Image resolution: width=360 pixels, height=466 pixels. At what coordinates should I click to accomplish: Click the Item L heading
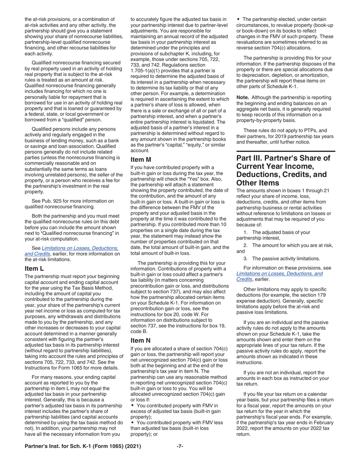click(x=35, y=269)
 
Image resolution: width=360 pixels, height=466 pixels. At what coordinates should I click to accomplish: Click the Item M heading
click(x=141, y=160)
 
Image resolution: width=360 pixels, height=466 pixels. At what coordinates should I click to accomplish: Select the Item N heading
click(x=141, y=340)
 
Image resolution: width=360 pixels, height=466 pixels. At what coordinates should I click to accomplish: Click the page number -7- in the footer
click(x=180, y=446)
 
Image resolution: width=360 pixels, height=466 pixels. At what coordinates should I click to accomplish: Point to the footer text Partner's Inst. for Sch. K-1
click(x=83, y=446)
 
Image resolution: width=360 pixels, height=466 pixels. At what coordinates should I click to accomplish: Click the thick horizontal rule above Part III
click(x=286, y=151)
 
